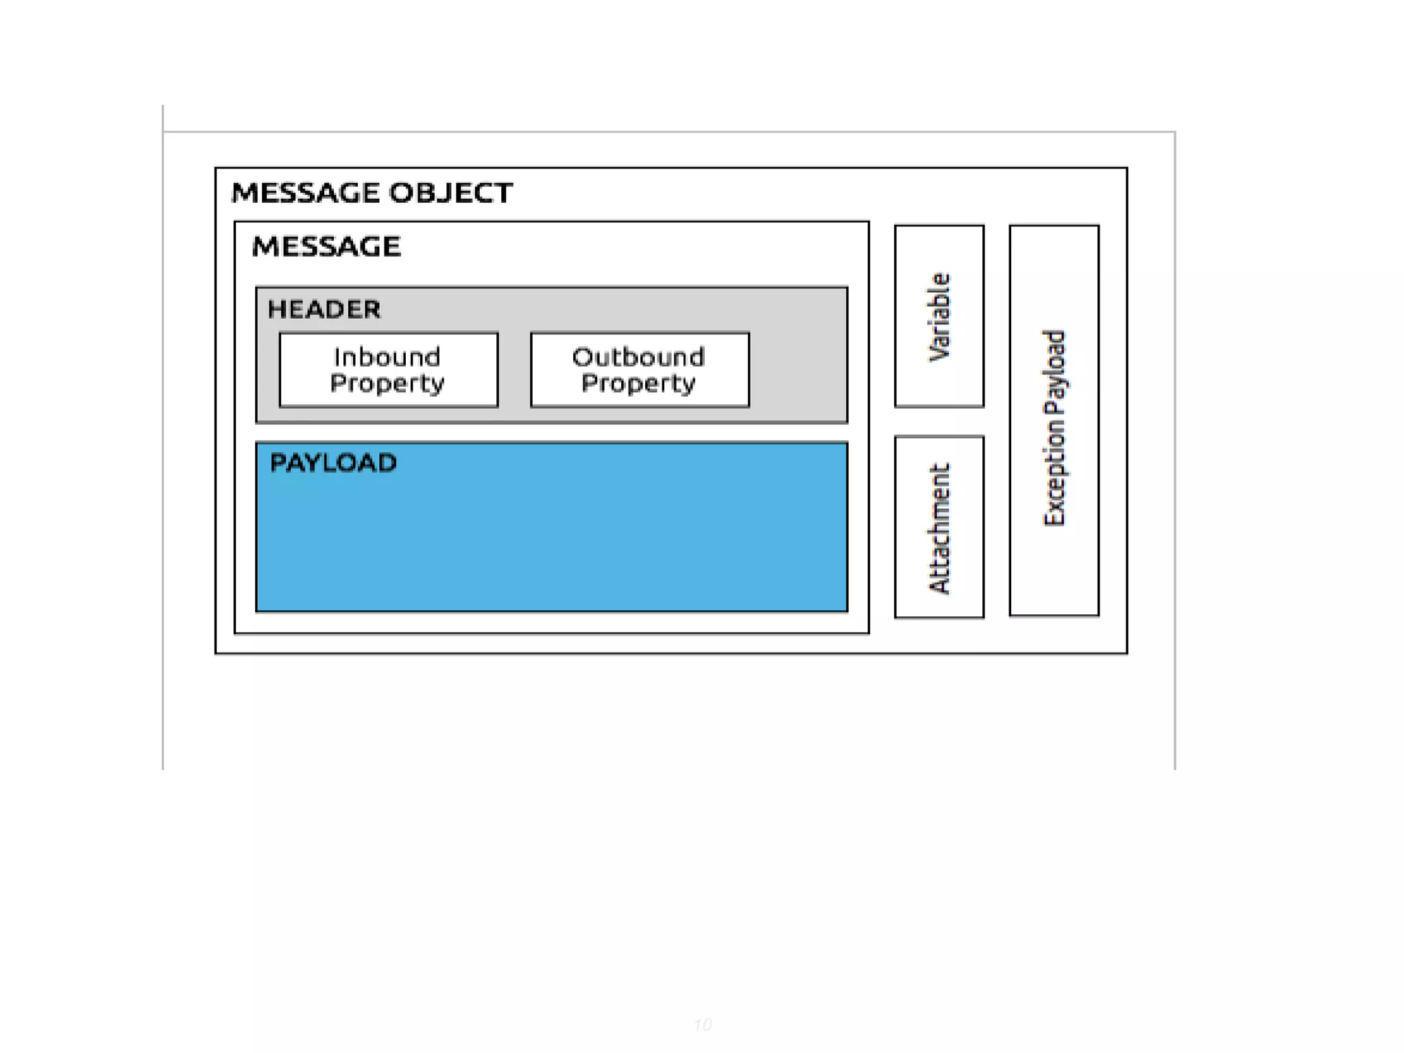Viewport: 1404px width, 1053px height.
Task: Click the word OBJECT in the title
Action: click(x=450, y=193)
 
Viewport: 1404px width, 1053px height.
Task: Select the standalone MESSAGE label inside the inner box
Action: click(x=326, y=246)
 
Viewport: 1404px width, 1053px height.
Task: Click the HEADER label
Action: click(x=324, y=309)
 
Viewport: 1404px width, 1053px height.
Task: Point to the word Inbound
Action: click(x=387, y=356)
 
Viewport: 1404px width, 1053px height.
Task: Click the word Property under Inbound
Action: click(x=387, y=383)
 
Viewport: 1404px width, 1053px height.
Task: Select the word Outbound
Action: click(x=638, y=356)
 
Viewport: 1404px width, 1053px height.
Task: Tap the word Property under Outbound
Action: click(x=638, y=383)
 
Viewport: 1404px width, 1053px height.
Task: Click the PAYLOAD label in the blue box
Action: click(x=333, y=463)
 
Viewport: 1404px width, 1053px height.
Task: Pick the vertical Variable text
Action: click(x=939, y=317)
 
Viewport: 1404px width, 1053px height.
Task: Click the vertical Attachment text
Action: click(x=939, y=528)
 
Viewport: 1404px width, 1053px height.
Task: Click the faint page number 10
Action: click(x=702, y=1025)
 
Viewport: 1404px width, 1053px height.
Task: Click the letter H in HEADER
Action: click(x=275, y=309)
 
